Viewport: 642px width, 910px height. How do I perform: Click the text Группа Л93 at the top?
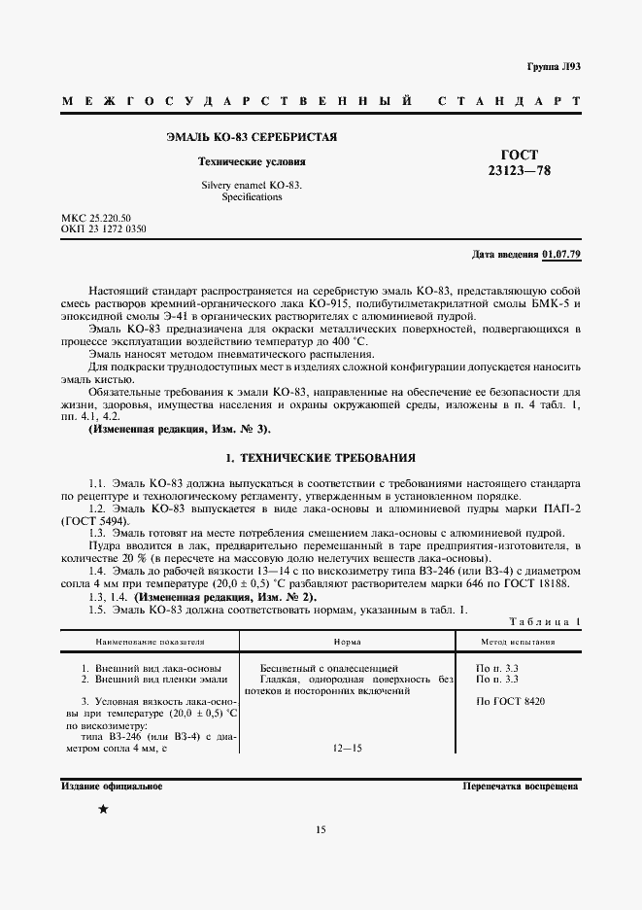554,66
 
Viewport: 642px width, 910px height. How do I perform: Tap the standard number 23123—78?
519,170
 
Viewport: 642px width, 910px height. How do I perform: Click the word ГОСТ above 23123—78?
519,155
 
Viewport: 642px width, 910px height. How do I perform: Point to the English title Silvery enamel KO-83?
252,184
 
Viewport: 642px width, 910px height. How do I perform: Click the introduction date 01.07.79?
560,254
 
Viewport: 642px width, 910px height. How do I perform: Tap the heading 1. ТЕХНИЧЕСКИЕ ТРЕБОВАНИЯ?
321,456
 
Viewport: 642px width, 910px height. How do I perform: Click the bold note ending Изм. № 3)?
180,429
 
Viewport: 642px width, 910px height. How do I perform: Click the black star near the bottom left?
103,810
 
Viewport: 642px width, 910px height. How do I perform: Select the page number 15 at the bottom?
321,829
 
